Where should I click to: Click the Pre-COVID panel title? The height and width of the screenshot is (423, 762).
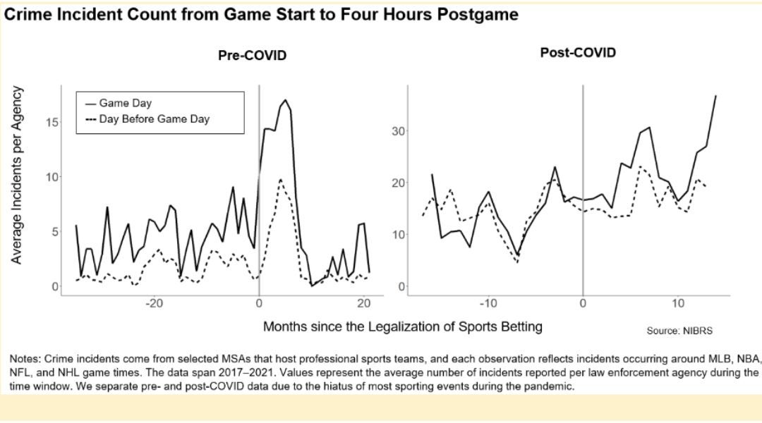coord(252,56)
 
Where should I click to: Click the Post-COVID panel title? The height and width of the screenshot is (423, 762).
coord(578,53)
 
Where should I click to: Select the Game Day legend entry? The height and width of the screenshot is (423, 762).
coord(125,103)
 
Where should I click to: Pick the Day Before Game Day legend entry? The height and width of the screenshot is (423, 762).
coord(154,119)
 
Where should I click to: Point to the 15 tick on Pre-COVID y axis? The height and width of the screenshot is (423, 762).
coord(52,123)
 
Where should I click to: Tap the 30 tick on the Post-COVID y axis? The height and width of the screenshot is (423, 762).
coord(397,132)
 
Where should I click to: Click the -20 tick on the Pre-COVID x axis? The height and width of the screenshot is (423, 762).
coord(154,304)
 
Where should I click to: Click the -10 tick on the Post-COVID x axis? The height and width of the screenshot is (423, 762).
coord(488,304)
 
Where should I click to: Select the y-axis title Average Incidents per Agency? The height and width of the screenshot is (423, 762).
coord(17,176)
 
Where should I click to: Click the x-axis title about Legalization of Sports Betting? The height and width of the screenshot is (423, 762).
coord(403,326)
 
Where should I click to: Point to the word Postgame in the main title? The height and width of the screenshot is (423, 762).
coord(483,14)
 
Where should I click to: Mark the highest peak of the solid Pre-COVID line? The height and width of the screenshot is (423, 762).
coord(285,100)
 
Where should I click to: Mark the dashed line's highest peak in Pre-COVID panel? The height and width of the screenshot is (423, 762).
coord(281,179)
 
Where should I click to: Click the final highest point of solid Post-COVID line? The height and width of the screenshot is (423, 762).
coord(715,96)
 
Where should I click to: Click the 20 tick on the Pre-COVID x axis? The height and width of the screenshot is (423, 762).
coord(364,304)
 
